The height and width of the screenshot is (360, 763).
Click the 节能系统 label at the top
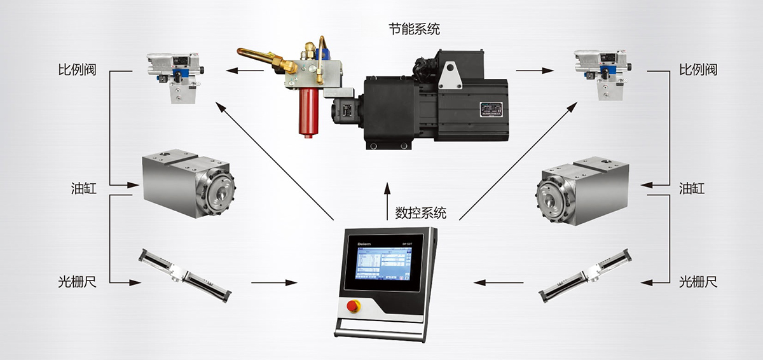click(414, 29)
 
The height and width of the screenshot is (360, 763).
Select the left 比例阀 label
click(76, 69)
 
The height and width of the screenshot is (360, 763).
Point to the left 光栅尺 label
click(76, 281)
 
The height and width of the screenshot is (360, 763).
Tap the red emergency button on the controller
click(352, 307)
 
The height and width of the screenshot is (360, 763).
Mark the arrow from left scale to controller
click(275, 282)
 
